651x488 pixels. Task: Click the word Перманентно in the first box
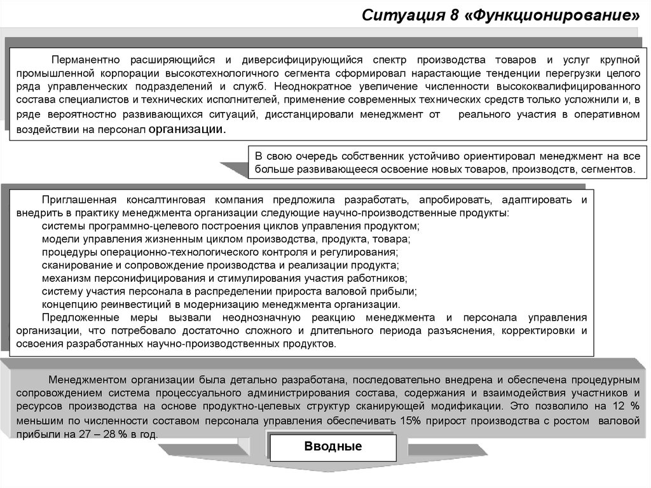(86, 60)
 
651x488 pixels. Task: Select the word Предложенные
(78, 317)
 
